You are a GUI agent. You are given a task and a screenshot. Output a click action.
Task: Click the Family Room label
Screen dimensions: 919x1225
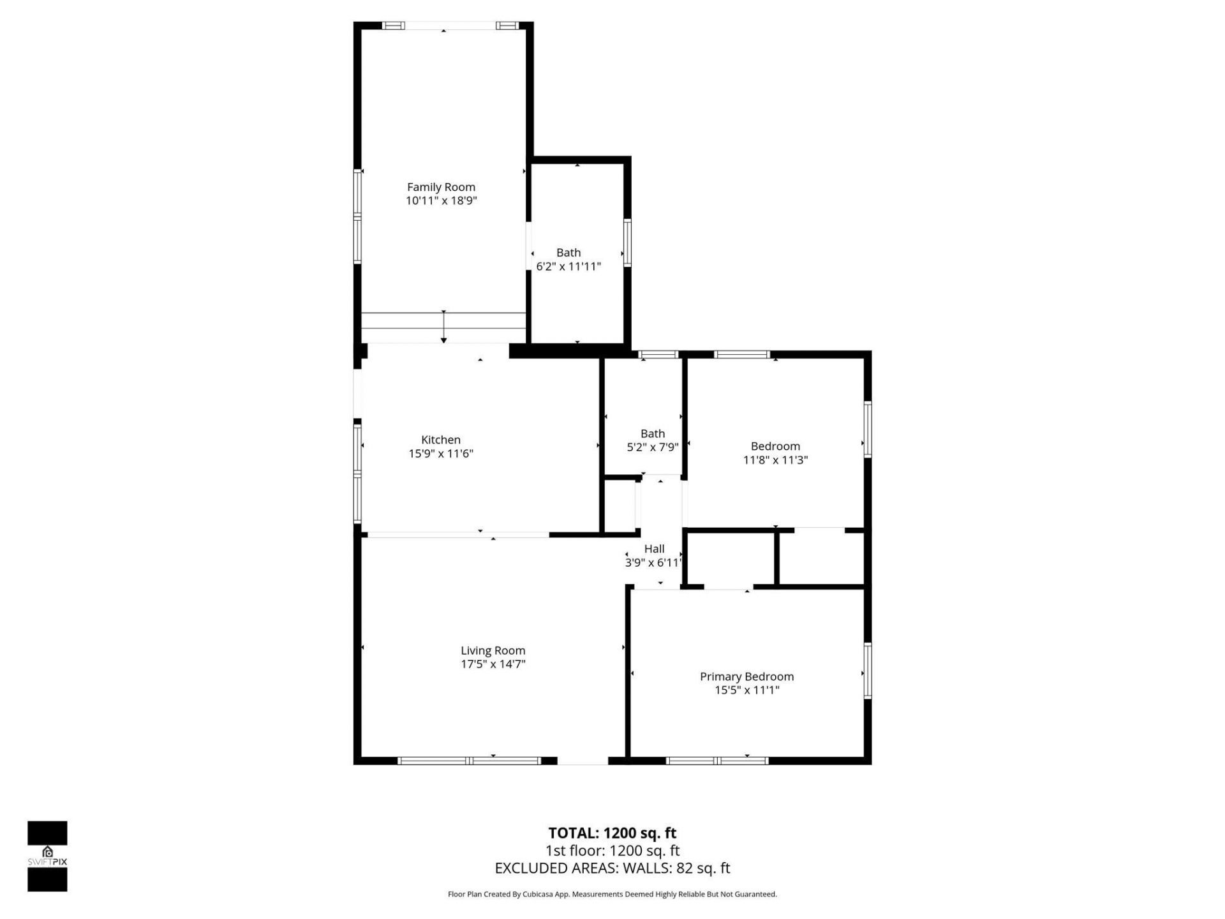coord(441,187)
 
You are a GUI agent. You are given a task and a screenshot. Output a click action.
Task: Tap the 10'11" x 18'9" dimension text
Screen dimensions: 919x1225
coord(441,201)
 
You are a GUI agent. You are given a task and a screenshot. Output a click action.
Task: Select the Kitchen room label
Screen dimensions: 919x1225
coord(440,440)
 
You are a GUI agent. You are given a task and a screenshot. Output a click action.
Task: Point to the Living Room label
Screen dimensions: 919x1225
coord(493,650)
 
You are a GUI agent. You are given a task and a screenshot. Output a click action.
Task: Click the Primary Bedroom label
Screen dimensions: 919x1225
coord(746,676)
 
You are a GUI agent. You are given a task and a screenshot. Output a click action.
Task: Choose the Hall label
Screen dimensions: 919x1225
coord(654,549)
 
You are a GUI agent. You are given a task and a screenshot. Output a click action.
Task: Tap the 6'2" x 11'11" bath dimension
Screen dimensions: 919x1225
coord(568,267)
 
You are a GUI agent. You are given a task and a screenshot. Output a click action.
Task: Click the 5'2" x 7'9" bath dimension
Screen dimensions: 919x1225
coord(652,447)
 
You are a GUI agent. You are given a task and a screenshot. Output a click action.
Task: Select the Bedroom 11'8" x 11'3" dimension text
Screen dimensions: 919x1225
coord(775,460)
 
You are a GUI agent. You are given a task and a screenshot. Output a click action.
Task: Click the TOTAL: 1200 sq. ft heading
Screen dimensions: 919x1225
coord(612,833)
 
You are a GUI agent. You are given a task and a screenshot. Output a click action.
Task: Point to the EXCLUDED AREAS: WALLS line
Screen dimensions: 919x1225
coord(612,868)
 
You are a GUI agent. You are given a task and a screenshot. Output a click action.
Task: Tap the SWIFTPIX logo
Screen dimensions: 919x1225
coord(47,856)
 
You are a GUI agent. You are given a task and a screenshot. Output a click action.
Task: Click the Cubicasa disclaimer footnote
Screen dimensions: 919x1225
coord(612,894)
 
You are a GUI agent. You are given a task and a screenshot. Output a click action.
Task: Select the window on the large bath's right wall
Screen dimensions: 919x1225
coord(627,243)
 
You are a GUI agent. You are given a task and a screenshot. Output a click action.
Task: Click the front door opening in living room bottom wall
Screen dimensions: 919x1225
coord(583,761)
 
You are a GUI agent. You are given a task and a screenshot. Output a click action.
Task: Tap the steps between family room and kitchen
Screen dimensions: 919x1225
coord(443,327)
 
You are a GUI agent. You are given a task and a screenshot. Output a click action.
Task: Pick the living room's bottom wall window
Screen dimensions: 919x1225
coord(469,761)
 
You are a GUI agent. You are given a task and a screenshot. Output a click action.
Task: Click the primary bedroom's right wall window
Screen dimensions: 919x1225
coord(868,671)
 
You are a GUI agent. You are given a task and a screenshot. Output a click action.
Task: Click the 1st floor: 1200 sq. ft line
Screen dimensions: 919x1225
coord(612,851)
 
